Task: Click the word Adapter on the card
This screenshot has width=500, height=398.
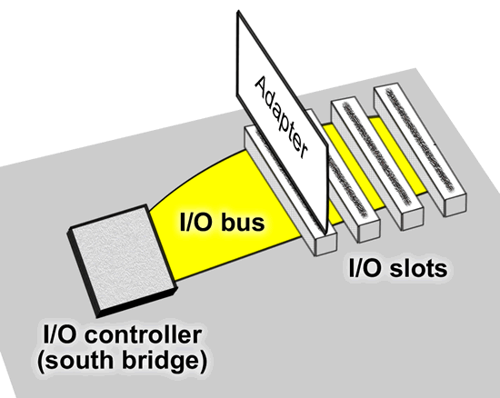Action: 281,117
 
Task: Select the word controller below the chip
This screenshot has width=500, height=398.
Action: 144,335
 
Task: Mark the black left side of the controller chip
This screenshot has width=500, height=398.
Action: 83,274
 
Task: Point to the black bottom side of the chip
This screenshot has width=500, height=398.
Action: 137,302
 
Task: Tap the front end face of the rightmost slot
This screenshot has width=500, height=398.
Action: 455,204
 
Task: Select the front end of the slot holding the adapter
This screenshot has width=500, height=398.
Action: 325,244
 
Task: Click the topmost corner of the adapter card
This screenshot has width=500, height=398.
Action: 238,12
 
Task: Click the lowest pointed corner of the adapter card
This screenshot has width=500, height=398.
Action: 325,233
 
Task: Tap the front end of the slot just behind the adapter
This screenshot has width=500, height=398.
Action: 369,231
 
